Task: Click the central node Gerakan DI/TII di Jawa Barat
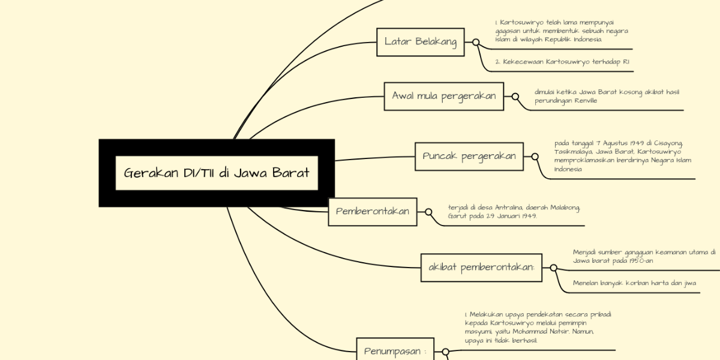[x=217, y=173]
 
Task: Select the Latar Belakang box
[x=421, y=42]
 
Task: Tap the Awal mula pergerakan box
[x=443, y=96]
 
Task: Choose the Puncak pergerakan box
[x=469, y=156]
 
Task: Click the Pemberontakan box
[x=373, y=211]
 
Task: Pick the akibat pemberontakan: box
[x=482, y=268]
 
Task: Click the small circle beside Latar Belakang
[x=476, y=43]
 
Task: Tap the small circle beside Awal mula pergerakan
[x=515, y=96]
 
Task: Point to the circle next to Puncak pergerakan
[x=535, y=157]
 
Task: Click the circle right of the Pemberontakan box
[x=428, y=212]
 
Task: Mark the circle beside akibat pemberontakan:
[x=553, y=268]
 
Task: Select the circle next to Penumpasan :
[x=445, y=352]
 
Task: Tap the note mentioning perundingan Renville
[x=606, y=96]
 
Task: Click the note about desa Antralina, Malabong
[x=514, y=211]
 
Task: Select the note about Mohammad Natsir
[x=538, y=327]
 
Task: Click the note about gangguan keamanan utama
[x=643, y=256]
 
